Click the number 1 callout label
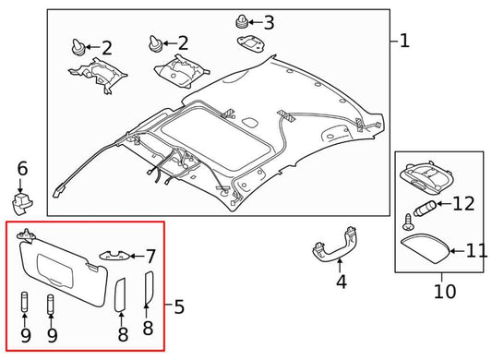tap(403, 42)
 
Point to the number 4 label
tap(340, 282)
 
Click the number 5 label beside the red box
tap(177, 306)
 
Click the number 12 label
tap(462, 203)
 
